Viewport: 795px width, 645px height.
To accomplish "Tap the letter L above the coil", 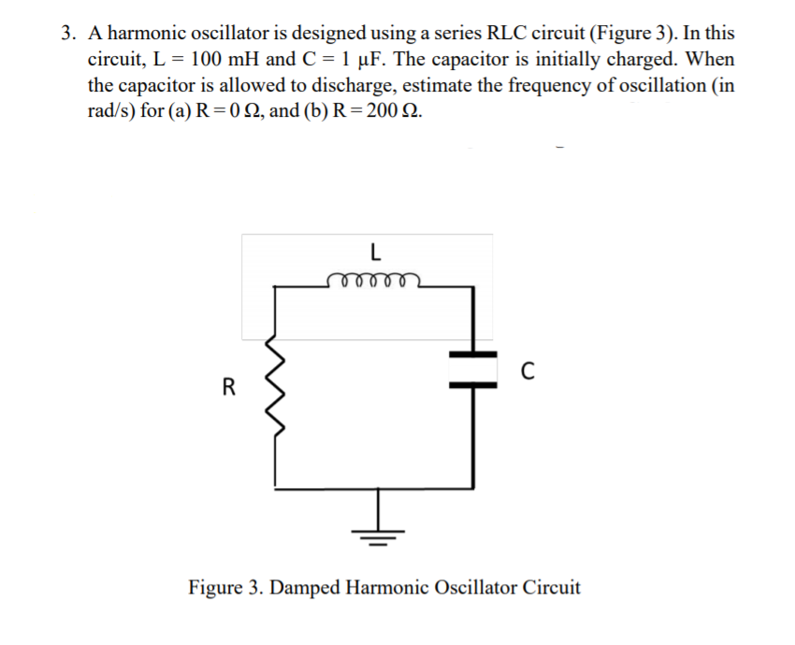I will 374,251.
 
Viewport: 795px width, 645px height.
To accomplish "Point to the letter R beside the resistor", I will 227,385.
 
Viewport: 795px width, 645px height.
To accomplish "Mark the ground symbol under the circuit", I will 380,533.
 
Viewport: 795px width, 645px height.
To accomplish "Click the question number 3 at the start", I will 67,34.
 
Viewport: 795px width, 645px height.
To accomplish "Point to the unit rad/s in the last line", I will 111,112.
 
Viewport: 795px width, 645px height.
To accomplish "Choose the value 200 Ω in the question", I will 391,112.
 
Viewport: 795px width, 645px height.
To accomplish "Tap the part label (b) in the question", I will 315,112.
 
